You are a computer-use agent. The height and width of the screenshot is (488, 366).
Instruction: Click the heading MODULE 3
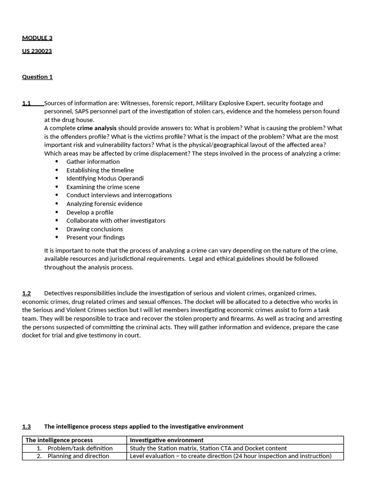point(37,38)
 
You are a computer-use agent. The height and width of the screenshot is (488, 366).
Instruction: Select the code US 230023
point(37,51)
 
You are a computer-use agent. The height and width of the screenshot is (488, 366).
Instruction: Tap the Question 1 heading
point(37,77)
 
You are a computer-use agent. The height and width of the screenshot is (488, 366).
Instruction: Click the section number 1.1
point(26,103)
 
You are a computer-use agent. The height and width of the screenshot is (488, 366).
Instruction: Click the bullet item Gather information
point(93,162)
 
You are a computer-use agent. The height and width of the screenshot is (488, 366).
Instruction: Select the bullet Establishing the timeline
point(100,170)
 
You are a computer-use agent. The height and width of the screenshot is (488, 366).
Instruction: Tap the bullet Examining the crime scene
point(103,187)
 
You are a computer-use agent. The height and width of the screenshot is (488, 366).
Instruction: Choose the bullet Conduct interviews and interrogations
point(119,195)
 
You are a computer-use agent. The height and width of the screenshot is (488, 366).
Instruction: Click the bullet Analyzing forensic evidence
point(104,203)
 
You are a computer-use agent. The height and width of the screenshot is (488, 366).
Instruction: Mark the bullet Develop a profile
point(90,212)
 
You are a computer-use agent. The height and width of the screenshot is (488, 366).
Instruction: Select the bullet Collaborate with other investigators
point(116,221)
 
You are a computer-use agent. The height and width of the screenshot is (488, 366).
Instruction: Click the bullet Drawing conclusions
point(94,229)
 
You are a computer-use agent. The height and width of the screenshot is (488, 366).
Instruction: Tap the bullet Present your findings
point(95,237)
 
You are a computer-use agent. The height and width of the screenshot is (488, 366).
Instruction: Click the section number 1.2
point(26,293)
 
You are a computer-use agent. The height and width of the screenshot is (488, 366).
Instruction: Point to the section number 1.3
point(26,427)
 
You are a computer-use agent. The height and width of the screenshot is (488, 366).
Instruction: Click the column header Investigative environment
point(166,440)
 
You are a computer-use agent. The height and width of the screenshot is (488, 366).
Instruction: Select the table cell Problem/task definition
point(80,448)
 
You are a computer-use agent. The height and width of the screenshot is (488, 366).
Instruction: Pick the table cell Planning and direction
point(78,456)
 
